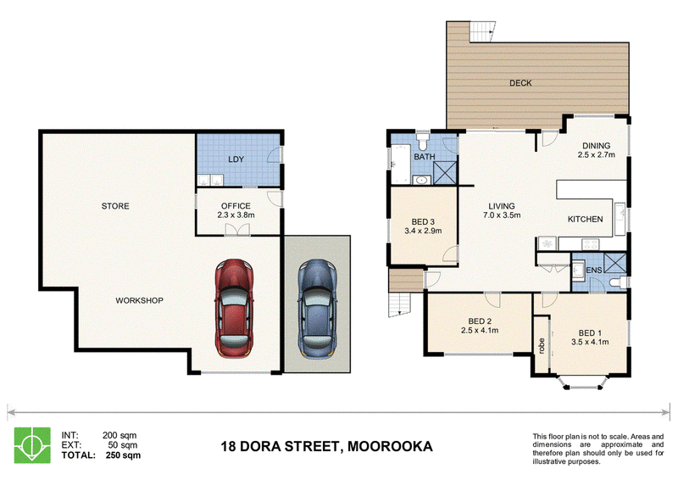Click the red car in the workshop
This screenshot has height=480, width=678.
tap(234, 309)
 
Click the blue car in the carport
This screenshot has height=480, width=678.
tap(317, 309)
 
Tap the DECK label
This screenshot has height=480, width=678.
tap(520, 83)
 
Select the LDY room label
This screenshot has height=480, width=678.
tap(236, 159)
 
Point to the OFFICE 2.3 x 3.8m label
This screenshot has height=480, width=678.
tap(236, 210)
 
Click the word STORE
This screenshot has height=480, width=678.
tap(115, 206)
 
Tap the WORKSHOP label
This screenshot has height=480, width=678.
tap(139, 300)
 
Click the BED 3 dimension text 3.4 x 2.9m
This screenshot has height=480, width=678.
tap(423, 232)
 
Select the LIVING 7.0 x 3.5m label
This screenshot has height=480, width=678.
tap(502, 210)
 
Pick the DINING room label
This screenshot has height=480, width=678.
tap(597, 146)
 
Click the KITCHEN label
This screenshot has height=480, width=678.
tap(585, 220)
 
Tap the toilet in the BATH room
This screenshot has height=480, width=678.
tap(422, 140)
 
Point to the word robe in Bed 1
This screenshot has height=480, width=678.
tap(542, 346)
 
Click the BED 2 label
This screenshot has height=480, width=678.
tap(480, 321)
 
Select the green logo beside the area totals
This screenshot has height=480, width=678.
tap(32, 445)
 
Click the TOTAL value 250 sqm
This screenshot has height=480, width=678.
tap(123, 455)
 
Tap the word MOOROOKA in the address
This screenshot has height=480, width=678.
tap(390, 446)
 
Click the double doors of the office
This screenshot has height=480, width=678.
tap(237, 229)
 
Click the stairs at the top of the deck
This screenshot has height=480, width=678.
tap(482, 31)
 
